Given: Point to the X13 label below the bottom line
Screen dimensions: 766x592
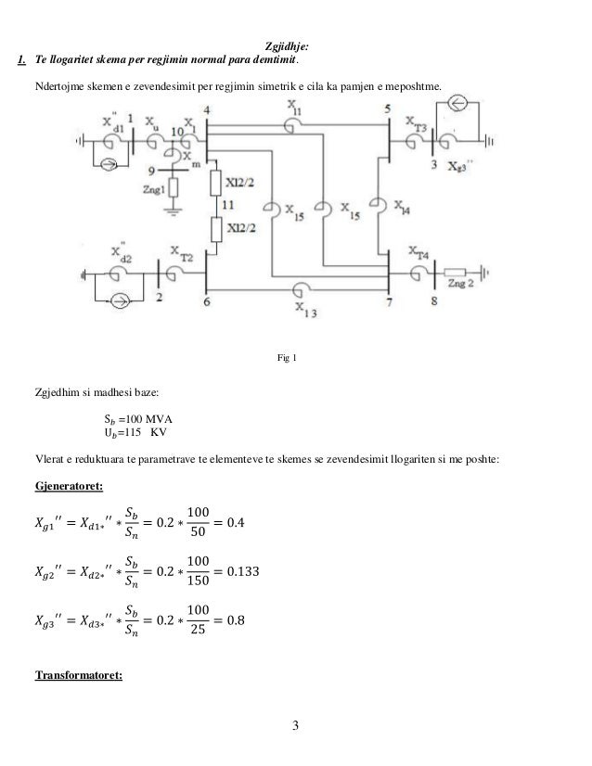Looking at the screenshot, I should click(304, 309).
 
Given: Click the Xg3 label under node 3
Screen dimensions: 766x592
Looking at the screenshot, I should click(460, 167).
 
